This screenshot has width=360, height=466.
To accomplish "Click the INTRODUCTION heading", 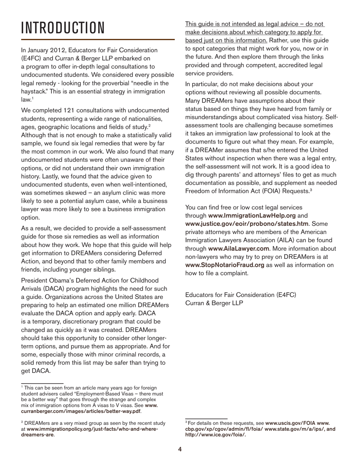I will click(x=63, y=28).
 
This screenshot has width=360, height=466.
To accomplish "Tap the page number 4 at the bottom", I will click(x=180, y=449).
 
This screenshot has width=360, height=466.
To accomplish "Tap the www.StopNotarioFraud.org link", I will click(x=225, y=265).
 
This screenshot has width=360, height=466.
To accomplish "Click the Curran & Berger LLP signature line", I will click(x=214, y=303).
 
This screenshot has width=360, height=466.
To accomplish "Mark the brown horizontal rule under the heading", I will click(x=98, y=39).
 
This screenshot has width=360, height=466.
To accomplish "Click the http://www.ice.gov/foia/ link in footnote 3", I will click(x=215, y=435).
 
